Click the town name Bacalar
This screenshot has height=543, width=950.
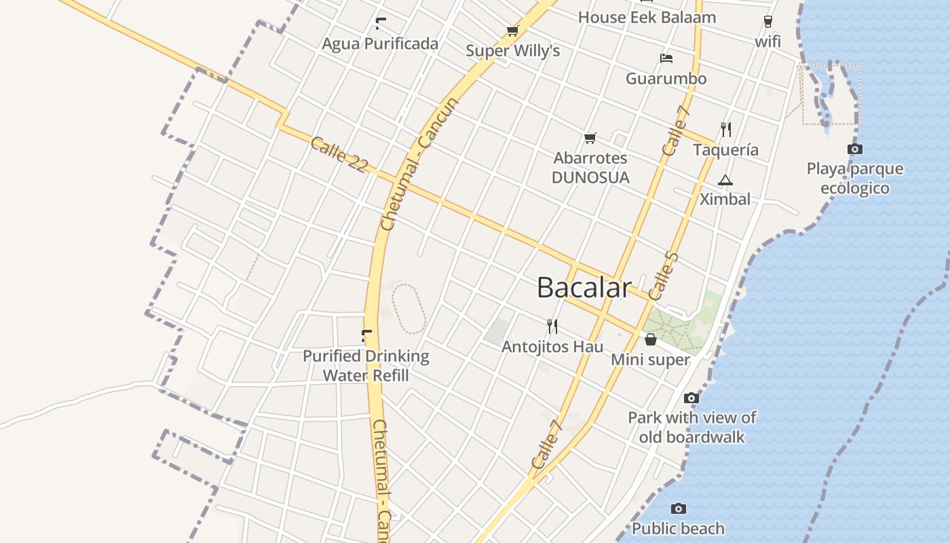click(x=584, y=287)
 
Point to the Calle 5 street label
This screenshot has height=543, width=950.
click(x=663, y=276)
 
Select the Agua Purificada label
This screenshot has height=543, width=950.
click(x=380, y=44)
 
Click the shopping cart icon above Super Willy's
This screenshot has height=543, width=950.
click(x=512, y=31)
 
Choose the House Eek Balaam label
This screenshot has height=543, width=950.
click(x=647, y=17)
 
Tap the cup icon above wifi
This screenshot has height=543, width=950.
click(x=768, y=21)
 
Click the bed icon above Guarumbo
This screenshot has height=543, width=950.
click(x=666, y=58)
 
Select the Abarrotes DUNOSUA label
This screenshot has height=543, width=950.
click(x=590, y=168)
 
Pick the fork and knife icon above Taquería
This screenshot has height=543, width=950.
click(x=726, y=129)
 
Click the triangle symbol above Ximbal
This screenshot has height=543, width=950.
click(x=725, y=180)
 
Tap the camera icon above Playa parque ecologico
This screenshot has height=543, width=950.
click(x=855, y=149)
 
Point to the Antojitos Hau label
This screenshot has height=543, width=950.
click(x=552, y=346)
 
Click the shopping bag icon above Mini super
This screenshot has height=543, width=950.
click(x=651, y=339)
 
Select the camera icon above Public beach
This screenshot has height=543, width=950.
click(x=679, y=508)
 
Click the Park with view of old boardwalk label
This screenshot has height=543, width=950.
click(x=692, y=427)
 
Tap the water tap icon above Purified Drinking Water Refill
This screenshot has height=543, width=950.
click(x=366, y=335)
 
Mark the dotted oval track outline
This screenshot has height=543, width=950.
click(x=409, y=309)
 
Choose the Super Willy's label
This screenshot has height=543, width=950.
click(x=512, y=51)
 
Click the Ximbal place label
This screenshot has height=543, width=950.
click(x=725, y=199)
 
